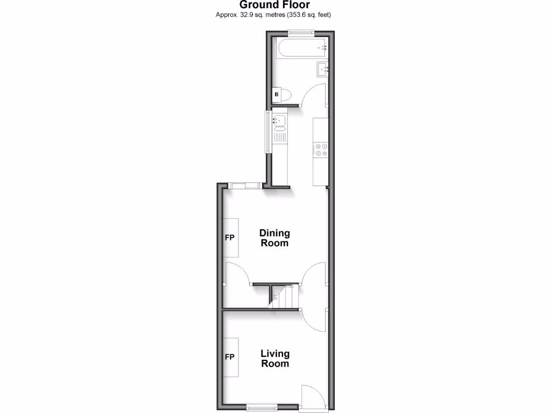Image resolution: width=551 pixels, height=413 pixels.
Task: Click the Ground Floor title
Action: tap(274, 5)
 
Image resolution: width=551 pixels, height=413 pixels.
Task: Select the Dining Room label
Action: tap(274, 238)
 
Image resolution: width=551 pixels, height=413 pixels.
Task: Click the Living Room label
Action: tap(275, 358)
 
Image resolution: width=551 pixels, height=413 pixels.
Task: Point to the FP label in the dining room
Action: tap(229, 237)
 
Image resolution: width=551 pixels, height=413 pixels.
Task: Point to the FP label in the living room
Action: tap(229, 357)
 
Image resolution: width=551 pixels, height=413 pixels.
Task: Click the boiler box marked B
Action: tap(277, 95)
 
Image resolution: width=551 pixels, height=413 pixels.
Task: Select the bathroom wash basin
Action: tap(322, 69)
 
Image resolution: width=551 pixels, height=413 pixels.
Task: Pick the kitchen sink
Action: tap(279, 121)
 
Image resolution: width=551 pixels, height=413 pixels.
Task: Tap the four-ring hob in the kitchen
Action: tap(321, 149)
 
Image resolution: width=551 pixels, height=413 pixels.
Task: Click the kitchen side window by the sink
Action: tap(267, 132)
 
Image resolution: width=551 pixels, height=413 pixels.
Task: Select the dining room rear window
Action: tap(245, 186)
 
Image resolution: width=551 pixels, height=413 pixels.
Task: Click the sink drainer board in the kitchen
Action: tap(279, 137)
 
